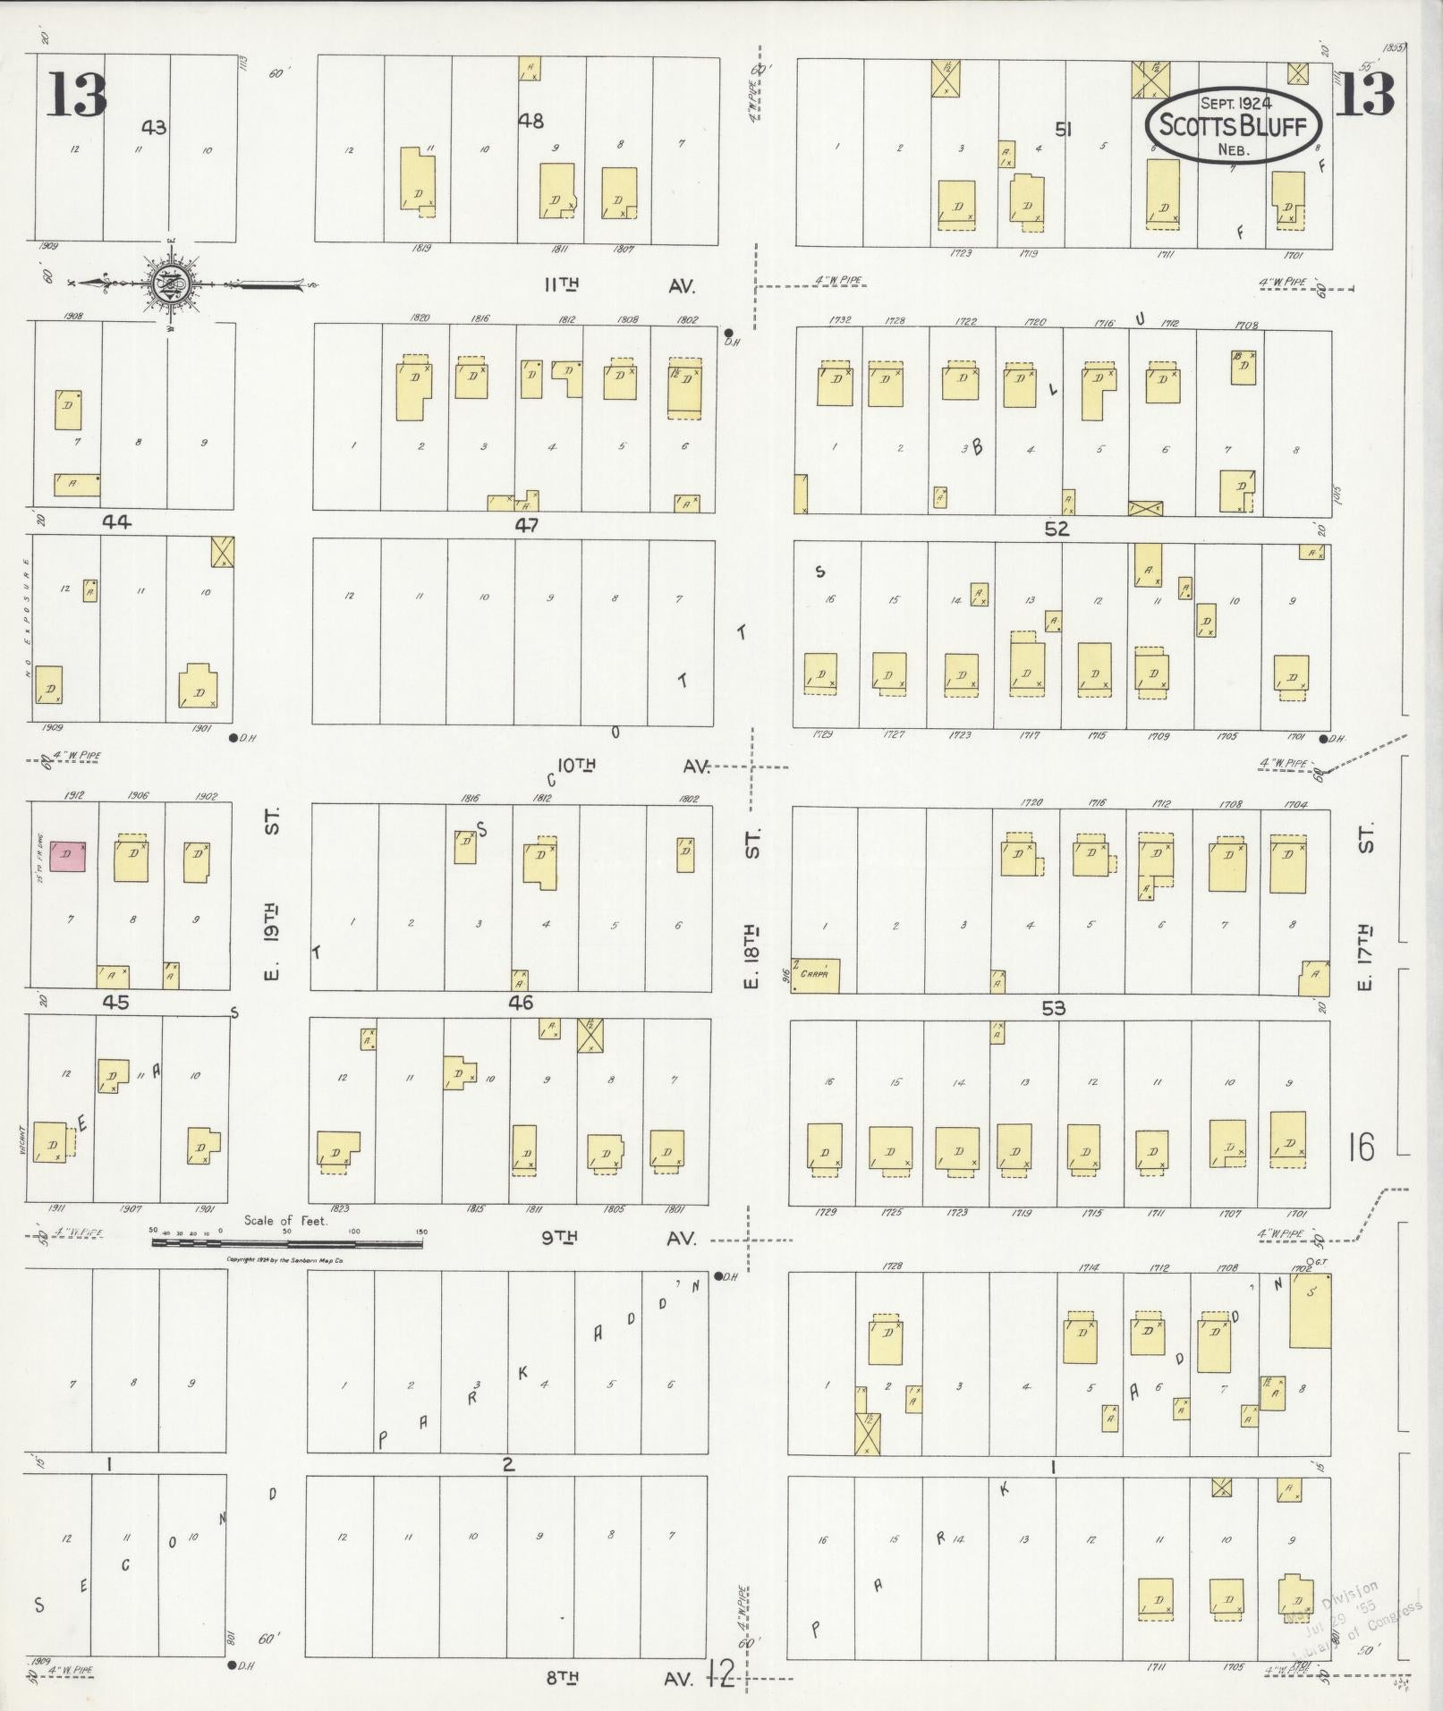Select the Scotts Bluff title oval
(x=1235, y=125)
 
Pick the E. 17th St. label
(x=1365, y=907)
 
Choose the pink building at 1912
(x=68, y=855)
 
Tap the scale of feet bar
(x=286, y=1243)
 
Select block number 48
(x=531, y=121)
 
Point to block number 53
(x=1054, y=1008)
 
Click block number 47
(x=526, y=526)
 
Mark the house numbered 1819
(x=417, y=178)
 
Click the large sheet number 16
(x=1360, y=1147)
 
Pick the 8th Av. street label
(x=619, y=1678)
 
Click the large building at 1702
(x=1310, y=1311)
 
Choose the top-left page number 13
(x=77, y=96)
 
